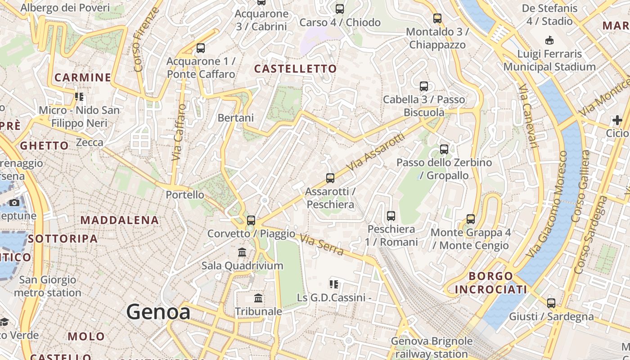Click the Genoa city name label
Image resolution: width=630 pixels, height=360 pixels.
[158, 312]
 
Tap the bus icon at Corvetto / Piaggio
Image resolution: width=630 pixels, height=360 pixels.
[251, 220]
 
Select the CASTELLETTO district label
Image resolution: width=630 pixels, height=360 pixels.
[295, 69]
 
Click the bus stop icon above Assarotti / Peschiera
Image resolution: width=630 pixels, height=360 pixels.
[330, 178]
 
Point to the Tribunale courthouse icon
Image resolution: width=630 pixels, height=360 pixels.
[258, 298]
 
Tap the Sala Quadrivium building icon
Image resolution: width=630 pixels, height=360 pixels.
[242, 252]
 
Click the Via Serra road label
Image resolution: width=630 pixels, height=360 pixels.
[322, 245]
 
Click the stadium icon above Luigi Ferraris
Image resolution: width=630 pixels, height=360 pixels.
[549, 40]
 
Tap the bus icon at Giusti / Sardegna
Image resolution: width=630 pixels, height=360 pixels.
[551, 303]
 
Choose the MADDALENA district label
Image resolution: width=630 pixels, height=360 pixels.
[120, 220]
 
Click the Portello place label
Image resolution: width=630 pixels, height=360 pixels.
[185, 195]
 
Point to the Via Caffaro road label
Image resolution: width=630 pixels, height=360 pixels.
[179, 133]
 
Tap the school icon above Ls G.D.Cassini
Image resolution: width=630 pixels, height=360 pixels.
[334, 284]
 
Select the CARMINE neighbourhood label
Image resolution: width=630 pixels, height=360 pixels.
[83, 77]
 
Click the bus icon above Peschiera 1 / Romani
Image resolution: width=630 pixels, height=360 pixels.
[391, 216]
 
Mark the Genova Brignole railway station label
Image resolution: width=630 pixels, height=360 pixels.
[432, 347]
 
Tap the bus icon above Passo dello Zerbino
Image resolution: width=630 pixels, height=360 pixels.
[444, 149]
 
